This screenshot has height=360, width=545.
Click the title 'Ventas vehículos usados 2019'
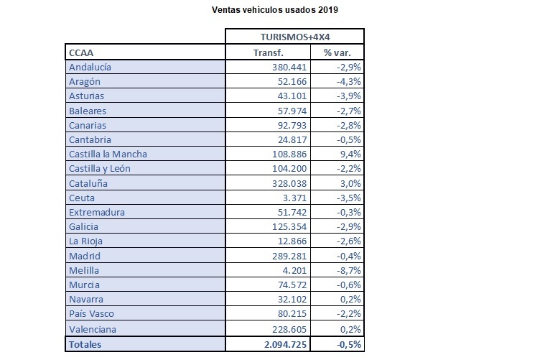point(274,10)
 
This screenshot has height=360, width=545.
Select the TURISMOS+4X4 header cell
point(295,37)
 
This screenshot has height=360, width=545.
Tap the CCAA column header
point(81,53)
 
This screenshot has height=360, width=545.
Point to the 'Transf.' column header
point(269,53)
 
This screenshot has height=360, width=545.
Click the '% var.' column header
point(337,53)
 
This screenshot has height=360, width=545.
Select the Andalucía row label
point(90,67)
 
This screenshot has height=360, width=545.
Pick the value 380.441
point(289,67)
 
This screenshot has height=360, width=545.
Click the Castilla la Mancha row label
point(108,154)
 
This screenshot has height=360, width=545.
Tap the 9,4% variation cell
point(350,154)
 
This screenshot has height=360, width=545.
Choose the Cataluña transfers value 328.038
point(289,184)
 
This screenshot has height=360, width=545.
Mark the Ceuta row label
point(82,198)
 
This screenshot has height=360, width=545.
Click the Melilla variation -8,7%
point(349,271)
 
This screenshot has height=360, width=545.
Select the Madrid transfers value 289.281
point(289,257)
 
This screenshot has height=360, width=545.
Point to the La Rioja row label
point(85,241)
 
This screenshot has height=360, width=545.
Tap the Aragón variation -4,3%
point(349,82)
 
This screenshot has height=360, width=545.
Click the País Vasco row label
point(91,314)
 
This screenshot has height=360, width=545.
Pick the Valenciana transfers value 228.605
point(289,329)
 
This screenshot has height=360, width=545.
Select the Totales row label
point(85,345)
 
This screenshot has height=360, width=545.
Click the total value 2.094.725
point(285,345)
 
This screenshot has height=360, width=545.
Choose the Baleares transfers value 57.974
point(292,111)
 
